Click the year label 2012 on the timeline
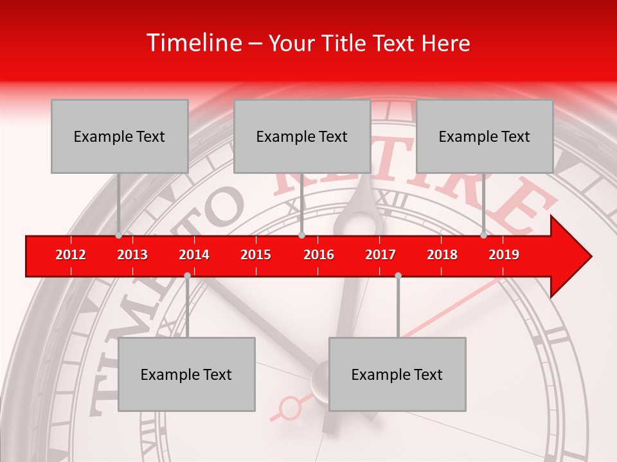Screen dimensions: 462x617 [71, 255]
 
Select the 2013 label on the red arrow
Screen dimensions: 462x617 [132, 255]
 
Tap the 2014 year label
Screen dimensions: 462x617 [194, 255]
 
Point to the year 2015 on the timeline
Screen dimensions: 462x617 [256, 255]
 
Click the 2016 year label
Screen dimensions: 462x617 [319, 255]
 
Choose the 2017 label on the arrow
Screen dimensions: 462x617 [380, 255]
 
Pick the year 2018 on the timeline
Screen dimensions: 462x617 [442, 255]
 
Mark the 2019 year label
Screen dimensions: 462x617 [504, 255]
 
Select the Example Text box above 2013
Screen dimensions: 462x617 [120, 136]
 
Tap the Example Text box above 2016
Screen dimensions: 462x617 [302, 136]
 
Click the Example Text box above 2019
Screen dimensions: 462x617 [485, 136]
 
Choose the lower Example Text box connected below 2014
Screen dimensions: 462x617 [186, 374]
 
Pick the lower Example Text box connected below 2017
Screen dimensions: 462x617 [397, 374]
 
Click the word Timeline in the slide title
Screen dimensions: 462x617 [193, 43]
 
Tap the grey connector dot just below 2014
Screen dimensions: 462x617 [187, 275]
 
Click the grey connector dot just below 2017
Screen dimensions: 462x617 [398, 275]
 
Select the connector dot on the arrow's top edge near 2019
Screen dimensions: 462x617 [483, 235]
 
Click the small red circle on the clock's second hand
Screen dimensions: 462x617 [291, 407]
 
